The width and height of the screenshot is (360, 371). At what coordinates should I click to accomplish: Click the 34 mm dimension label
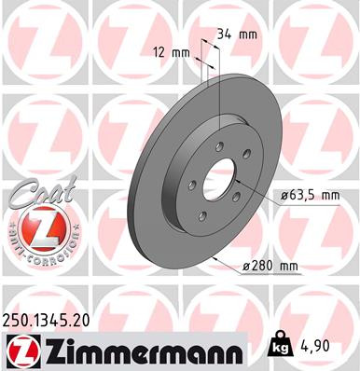click(x=235, y=34)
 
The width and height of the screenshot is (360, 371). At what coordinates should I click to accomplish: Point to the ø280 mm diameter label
click(x=269, y=268)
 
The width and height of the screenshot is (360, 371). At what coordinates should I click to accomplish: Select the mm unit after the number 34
click(x=247, y=34)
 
